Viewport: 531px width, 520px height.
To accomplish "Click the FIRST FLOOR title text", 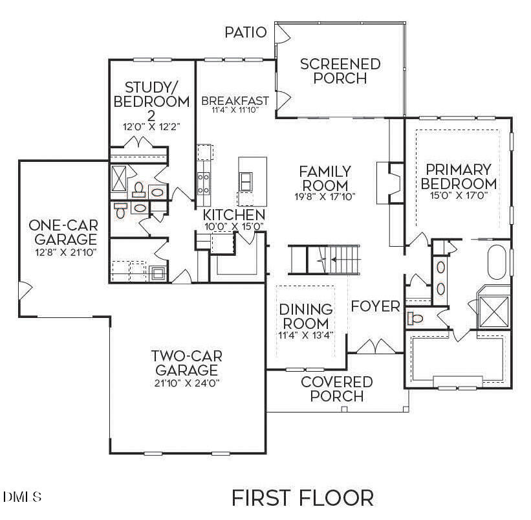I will coord(302,498).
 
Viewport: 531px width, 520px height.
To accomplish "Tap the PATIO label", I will coord(245,32).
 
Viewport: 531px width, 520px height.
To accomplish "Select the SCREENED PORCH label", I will coord(340,71).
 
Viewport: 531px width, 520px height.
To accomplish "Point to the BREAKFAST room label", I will coord(235,101).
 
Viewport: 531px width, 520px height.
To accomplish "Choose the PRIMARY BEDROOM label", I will coord(459,176).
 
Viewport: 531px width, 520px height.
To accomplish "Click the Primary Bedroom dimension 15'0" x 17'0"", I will coord(459,194).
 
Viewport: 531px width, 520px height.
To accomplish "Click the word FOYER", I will coord(375,306).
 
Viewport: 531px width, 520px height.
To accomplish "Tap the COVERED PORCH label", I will coord(336,389).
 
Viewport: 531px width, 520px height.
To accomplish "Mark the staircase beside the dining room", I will coord(323,260).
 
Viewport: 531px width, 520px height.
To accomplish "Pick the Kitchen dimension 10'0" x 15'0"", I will coord(233,227).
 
